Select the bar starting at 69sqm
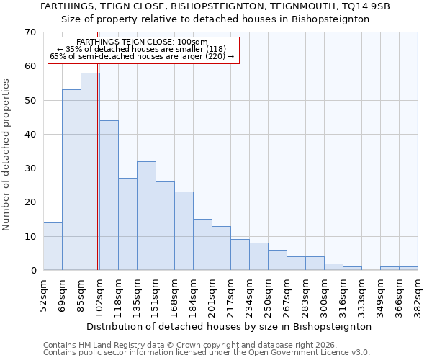(x=71, y=180)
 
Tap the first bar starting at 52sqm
(x=53, y=246)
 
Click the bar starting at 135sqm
(x=146, y=216)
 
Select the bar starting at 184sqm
(x=202, y=245)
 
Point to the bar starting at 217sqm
(x=240, y=255)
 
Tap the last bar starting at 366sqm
(x=408, y=269)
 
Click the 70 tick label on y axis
(x=30, y=32)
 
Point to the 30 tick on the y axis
(x=30, y=168)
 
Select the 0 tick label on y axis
(x=32, y=271)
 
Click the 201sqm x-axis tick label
(x=212, y=295)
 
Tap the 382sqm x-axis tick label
(x=418, y=295)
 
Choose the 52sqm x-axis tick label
(x=43, y=295)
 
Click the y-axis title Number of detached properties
(x=7, y=155)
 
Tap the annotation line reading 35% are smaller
(x=142, y=49)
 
